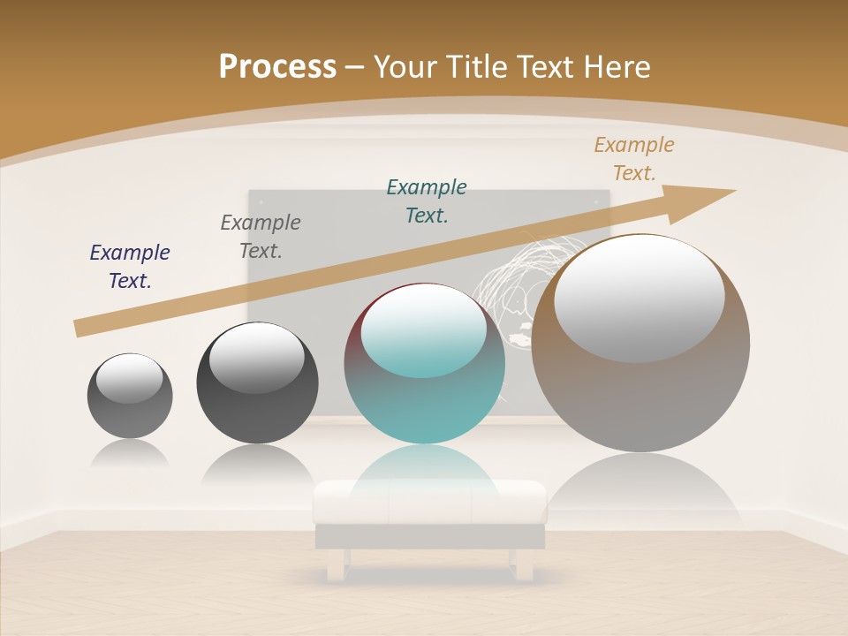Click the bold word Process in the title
click(277, 66)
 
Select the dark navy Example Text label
click(130, 266)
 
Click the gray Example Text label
click(261, 236)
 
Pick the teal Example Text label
click(427, 201)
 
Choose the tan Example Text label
click(634, 158)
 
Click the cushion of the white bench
click(430, 501)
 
